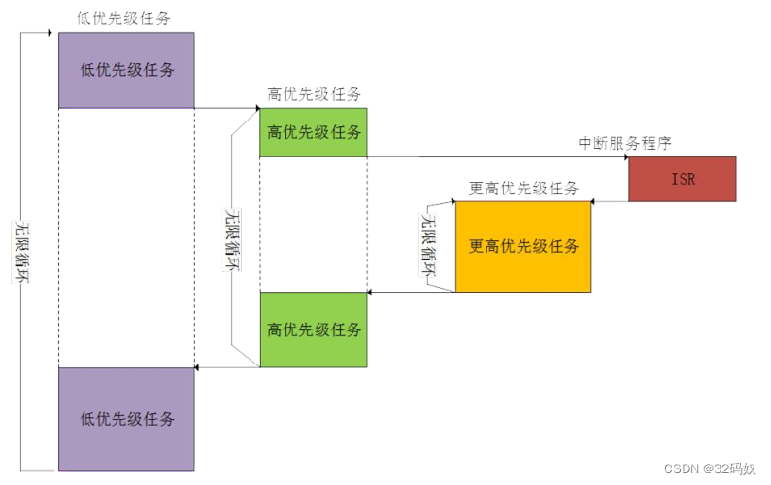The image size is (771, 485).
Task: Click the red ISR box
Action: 682,179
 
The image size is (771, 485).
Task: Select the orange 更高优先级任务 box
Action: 523,246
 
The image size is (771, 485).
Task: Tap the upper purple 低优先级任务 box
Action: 126,70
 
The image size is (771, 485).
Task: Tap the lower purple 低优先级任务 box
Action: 126,419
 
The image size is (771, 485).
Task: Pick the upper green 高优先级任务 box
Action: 314,132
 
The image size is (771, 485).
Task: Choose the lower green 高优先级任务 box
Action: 314,329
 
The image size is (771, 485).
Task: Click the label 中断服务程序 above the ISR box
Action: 624,143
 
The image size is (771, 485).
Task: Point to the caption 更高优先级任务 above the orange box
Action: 524,188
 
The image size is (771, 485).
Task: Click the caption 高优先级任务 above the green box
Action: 314,94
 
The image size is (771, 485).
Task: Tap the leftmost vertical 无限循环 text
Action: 20,251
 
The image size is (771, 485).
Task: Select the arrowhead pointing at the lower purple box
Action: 199,367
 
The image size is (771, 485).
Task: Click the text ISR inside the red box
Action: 683,180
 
